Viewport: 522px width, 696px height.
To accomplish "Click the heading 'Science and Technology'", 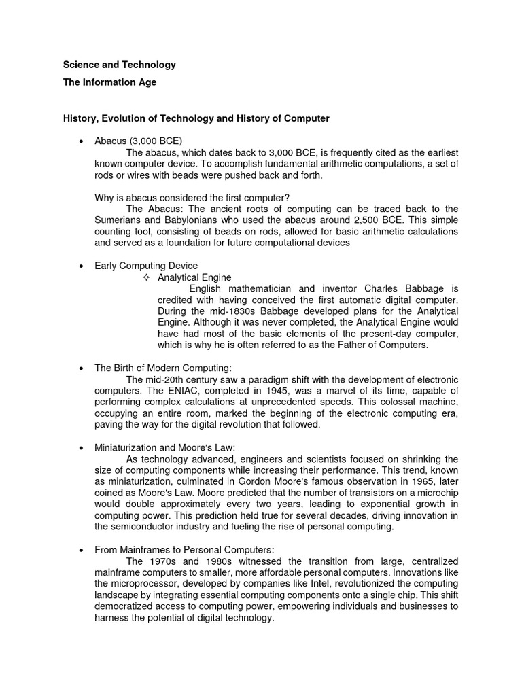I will click(x=119, y=65).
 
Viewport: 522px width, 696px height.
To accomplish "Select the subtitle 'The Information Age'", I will click(x=109, y=82).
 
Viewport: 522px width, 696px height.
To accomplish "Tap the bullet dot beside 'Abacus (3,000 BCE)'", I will click(x=82, y=141).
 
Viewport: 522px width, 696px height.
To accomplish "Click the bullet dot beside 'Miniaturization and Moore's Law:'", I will click(x=82, y=447).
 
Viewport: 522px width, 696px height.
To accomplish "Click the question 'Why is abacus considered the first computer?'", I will click(x=192, y=198).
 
